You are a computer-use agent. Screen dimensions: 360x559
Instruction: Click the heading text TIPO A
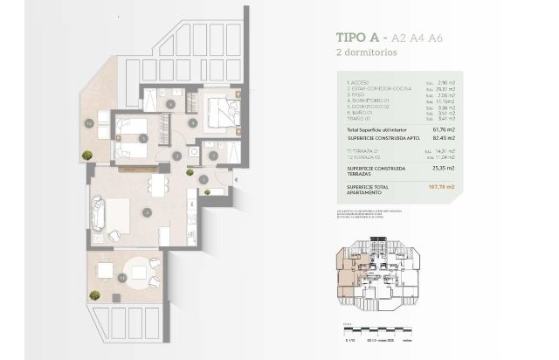click(358, 38)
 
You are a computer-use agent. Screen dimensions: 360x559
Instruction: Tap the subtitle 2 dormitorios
click(368, 52)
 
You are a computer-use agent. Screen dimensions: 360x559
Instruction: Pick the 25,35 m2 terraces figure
click(446, 168)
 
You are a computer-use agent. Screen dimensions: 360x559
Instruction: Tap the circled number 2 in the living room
click(148, 211)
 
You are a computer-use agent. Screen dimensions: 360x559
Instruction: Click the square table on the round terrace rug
click(107, 272)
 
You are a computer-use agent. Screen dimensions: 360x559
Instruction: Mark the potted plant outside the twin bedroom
click(87, 156)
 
